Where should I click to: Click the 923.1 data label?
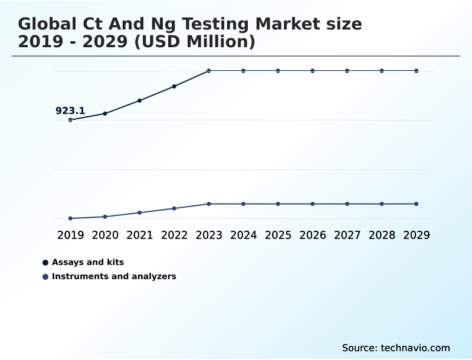[70, 110]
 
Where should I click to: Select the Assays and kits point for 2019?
[70, 120]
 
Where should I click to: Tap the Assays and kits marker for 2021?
[140, 100]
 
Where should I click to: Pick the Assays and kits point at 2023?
[209, 71]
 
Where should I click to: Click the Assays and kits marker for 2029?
[417, 71]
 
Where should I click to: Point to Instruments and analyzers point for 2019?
[70, 218]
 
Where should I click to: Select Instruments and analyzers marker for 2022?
[174, 208]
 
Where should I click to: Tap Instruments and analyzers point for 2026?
[313, 204]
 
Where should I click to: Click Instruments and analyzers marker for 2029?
[417, 204]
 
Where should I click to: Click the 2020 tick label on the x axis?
[105, 235]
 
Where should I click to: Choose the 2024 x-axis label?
[243, 235]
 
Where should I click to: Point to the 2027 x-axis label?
[347, 235]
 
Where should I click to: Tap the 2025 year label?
[278, 235]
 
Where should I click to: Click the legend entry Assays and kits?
[88, 262]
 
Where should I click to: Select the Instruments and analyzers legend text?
[114, 276]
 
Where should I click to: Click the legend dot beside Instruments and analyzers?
[45, 276]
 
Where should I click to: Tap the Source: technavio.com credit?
[396, 348]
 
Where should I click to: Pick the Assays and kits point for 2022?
[174, 86]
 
